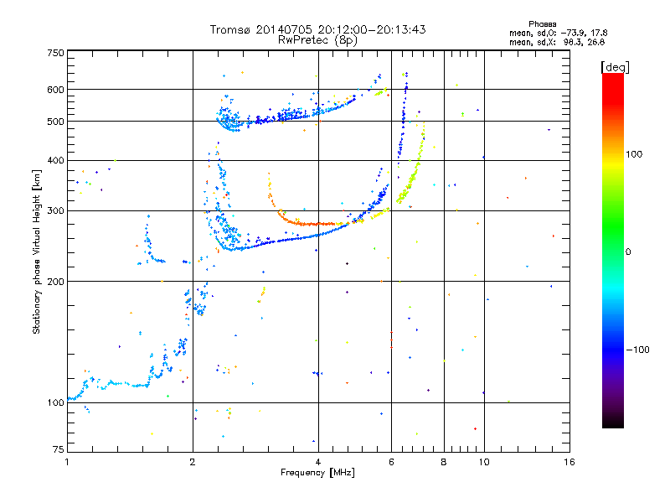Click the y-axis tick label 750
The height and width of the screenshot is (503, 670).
coord(54,52)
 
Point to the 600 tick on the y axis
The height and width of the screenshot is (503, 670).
coord(54,90)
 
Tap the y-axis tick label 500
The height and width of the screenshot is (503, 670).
coord(54,122)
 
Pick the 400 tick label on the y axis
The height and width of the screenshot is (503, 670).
coord(54,160)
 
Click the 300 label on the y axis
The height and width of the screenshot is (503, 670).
coord(54,210)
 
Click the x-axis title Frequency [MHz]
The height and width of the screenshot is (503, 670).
coord(317,474)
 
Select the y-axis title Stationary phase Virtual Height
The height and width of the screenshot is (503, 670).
coord(38,251)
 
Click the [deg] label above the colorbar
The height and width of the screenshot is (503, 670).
coord(616,66)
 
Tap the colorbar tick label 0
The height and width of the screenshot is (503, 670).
coord(629,251)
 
